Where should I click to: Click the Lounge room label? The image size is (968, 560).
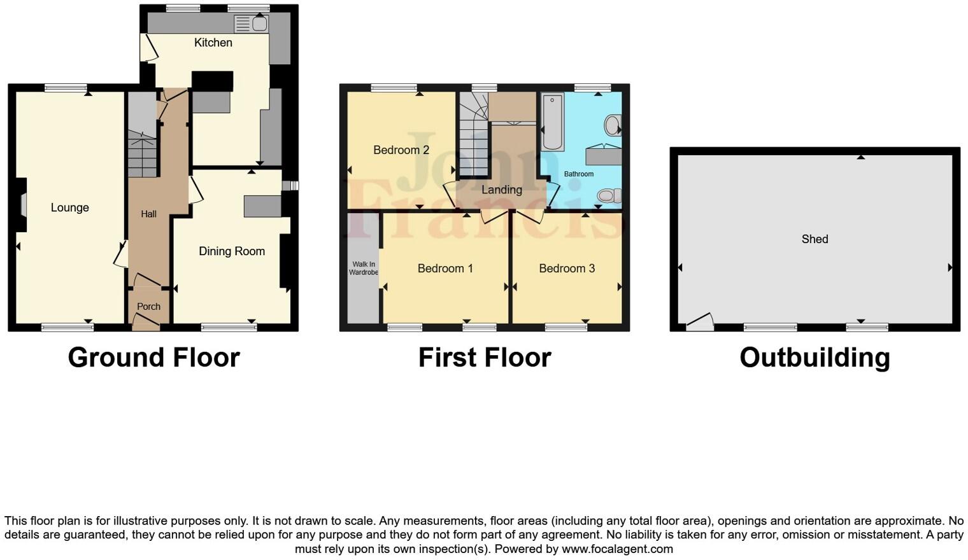click(70, 207)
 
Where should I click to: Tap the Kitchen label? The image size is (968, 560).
click(213, 43)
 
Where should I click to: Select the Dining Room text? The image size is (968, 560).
click(232, 251)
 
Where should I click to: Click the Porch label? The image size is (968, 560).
click(148, 307)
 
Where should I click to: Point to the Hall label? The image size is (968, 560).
click(148, 214)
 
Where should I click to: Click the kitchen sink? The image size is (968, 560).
click(259, 24)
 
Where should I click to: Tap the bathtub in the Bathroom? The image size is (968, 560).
click(552, 122)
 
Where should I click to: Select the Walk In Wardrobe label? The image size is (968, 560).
click(364, 269)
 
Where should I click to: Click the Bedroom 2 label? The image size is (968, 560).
click(401, 150)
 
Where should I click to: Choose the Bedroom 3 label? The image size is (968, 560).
click(567, 269)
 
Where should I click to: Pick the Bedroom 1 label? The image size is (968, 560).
click(445, 269)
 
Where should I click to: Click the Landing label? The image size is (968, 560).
click(502, 190)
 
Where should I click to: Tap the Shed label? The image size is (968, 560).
click(815, 239)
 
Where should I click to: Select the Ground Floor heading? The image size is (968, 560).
click(154, 358)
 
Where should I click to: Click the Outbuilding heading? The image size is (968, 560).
click(815, 358)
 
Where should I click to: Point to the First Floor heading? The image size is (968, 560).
click(485, 358)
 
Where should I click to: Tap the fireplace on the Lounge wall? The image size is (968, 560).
click(22, 206)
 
